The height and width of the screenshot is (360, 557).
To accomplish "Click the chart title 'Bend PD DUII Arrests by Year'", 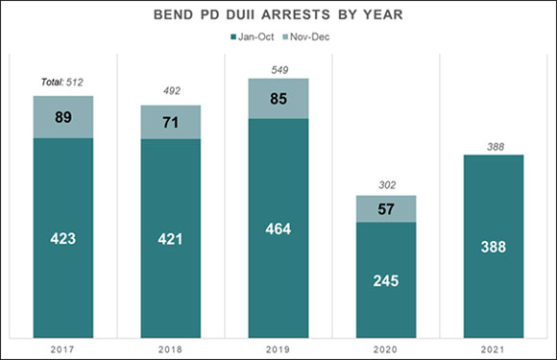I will tap(278, 16).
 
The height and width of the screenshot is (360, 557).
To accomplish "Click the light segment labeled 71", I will tap(170, 122).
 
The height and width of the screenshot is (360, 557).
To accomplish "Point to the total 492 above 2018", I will tap(170, 92).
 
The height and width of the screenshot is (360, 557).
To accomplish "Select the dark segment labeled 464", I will tap(278, 228).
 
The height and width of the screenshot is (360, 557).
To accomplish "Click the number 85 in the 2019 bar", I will tap(278, 98).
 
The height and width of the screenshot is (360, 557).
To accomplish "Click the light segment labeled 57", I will tap(386, 208).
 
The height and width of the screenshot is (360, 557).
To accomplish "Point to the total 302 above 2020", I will tap(386, 185).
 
